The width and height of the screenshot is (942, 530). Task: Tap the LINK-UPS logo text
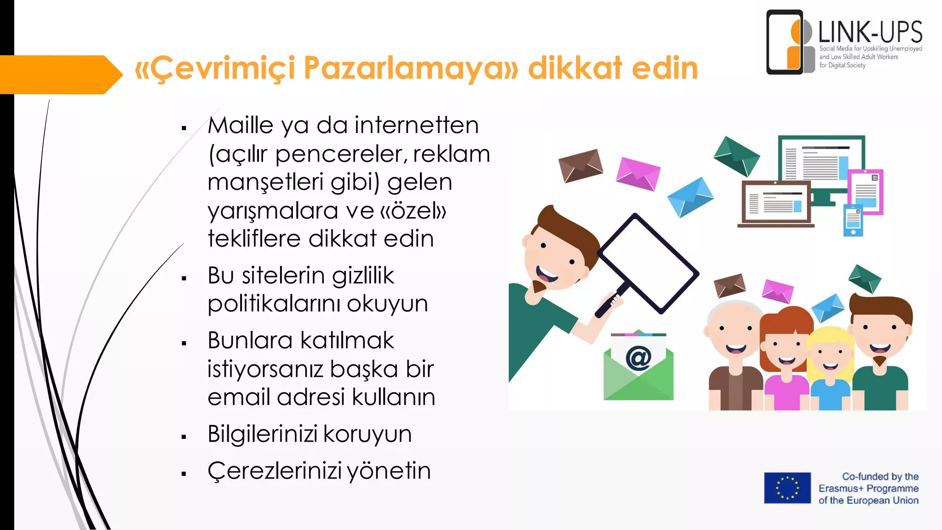[x=870, y=32]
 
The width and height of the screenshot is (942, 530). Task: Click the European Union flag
[x=787, y=488]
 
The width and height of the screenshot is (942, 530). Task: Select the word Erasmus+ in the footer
[x=840, y=489]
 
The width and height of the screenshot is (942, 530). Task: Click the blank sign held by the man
[x=648, y=263]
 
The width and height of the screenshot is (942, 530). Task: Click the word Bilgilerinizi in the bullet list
[x=263, y=434]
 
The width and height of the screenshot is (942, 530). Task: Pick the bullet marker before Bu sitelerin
[x=184, y=278]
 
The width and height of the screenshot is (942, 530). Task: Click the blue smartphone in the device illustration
[x=853, y=220]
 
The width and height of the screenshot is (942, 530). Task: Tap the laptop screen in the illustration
[x=776, y=203]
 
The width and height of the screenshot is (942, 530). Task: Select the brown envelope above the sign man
[x=580, y=165]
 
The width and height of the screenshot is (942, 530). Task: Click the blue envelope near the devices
[x=690, y=197]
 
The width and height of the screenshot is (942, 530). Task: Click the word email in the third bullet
[x=239, y=397]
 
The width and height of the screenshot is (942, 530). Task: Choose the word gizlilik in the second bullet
[x=363, y=276]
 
